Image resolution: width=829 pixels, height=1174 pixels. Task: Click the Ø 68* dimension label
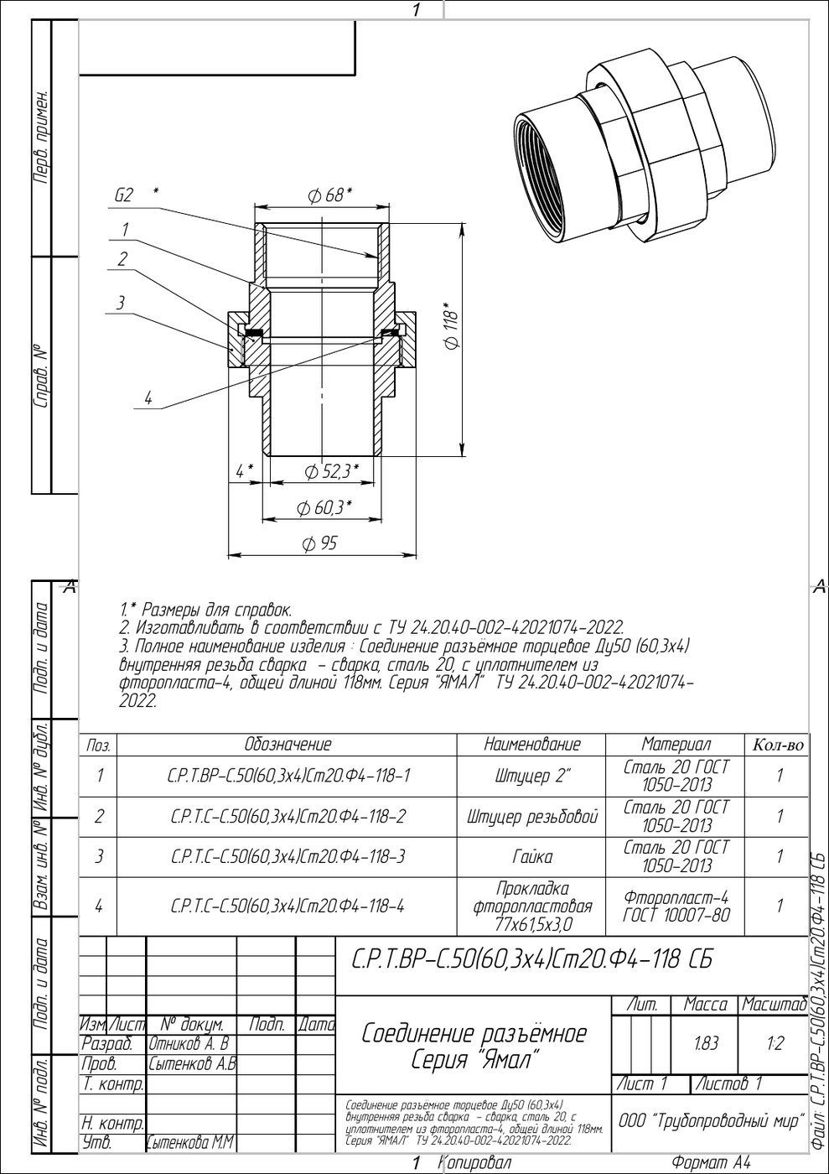pos(329,195)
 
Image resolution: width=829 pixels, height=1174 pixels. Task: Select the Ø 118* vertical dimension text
pos(452,325)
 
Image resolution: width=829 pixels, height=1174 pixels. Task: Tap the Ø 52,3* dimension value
pos(332,471)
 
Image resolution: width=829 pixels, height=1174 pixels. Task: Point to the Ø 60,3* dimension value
pos(324,507)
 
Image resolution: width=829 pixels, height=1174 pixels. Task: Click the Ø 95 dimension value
pos(319,543)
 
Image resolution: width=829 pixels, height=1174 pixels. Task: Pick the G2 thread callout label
pos(124,195)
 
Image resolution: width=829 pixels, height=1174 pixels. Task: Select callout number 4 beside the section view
pos(148,399)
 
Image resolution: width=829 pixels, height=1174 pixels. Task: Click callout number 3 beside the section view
pos(121,303)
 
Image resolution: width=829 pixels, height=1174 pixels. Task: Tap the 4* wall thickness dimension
pos(244,471)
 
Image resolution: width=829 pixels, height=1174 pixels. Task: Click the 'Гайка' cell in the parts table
pos(532,857)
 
